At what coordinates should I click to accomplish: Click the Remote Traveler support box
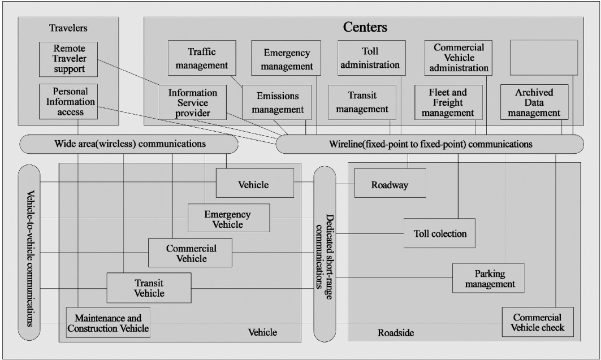pos(68,59)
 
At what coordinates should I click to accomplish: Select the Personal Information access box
pos(68,102)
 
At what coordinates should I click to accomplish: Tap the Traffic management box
pos(202,58)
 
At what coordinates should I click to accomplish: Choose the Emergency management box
pos(286,58)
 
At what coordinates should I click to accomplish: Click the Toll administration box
pos(371,58)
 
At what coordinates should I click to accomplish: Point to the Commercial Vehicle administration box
pos(459,58)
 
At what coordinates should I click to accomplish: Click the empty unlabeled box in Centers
pos(544,58)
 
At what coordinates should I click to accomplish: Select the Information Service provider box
pos(193,102)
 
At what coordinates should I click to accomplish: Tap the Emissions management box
pos(276,102)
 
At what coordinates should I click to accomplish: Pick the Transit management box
pos(362,102)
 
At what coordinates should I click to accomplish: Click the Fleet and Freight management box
pos(448,102)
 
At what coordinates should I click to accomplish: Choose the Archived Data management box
pos(534,102)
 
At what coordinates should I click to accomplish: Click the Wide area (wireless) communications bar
pos(129,144)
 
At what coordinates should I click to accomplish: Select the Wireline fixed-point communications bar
pos(430,144)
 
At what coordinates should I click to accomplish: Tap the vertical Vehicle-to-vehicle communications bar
pos(29,253)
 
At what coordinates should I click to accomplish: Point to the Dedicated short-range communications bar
pos(325,254)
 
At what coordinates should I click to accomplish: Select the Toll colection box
pos(439,233)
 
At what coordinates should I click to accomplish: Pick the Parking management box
pos(488,278)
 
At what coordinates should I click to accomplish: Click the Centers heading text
pos(365,27)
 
